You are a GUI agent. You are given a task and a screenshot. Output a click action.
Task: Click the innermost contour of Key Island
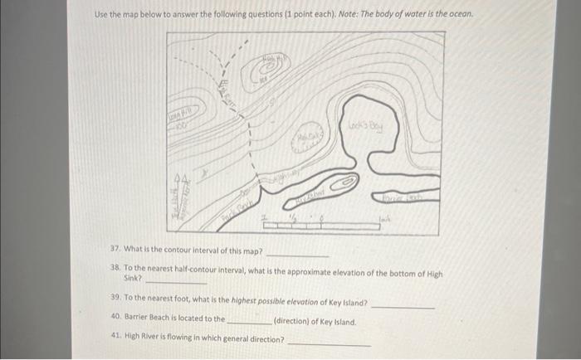[349, 178]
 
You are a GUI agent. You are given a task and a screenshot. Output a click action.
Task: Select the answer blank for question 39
[402, 307]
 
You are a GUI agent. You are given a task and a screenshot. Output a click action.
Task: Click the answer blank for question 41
[329, 344]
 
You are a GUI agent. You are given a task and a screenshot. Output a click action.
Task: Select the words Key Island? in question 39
[346, 303]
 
